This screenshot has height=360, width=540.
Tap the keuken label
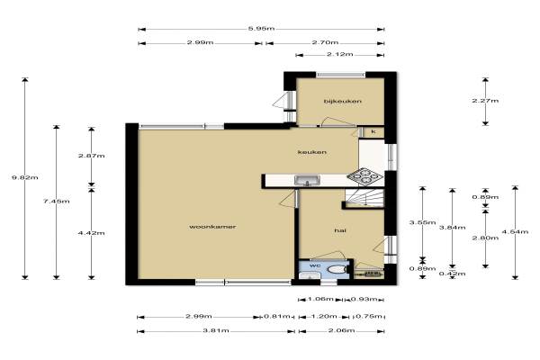[x=312, y=152]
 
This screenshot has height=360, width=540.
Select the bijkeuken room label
[x=343, y=101]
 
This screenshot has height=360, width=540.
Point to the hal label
[x=340, y=230]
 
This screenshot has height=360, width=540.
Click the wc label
[x=315, y=265]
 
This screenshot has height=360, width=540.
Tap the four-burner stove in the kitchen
[x=364, y=175]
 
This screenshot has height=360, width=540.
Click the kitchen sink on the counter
[x=307, y=180]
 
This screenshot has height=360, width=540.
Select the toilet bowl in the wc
[x=337, y=269]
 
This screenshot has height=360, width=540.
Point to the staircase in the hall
[x=364, y=198]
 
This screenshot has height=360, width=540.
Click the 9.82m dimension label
[x=25, y=178]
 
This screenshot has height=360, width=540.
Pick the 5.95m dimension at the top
[x=261, y=29]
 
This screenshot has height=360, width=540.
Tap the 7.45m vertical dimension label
[x=57, y=202]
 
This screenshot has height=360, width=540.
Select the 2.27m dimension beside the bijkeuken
[x=485, y=101]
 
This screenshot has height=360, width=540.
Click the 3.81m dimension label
[x=216, y=330]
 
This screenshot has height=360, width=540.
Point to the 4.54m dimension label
[x=515, y=232]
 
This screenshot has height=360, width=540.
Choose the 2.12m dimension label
[x=339, y=54]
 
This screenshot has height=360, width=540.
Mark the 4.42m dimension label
[x=91, y=233]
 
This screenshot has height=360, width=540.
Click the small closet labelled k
[x=373, y=131]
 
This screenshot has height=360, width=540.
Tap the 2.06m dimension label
[x=342, y=330]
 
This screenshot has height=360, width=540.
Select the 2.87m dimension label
[x=91, y=156]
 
